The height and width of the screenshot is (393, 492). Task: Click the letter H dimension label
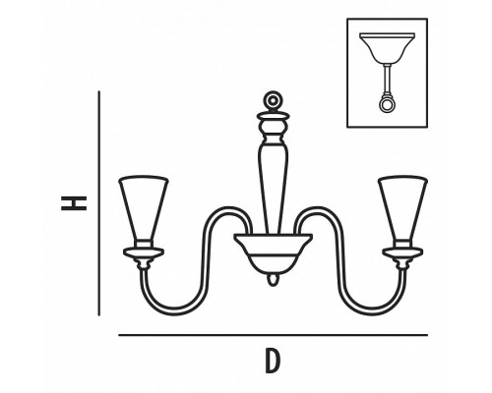tap(74, 203)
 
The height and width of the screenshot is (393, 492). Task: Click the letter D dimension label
tap(273, 361)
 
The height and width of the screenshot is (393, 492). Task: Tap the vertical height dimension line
tap(98, 203)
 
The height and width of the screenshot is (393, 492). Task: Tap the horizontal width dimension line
tap(273, 335)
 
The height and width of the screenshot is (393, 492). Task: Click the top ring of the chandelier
tap(273, 100)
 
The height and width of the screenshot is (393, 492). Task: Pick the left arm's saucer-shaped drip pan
tap(144, 253)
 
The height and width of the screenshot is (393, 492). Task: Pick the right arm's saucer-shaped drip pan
tap(402, 253)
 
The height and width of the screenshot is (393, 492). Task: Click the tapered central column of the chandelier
tap(273, 187)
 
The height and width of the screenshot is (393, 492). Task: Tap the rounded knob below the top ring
tap(273, 127)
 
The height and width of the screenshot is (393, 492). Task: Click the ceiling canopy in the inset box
tap(387, 48)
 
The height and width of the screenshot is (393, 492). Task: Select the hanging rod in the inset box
tap(387, 80)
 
